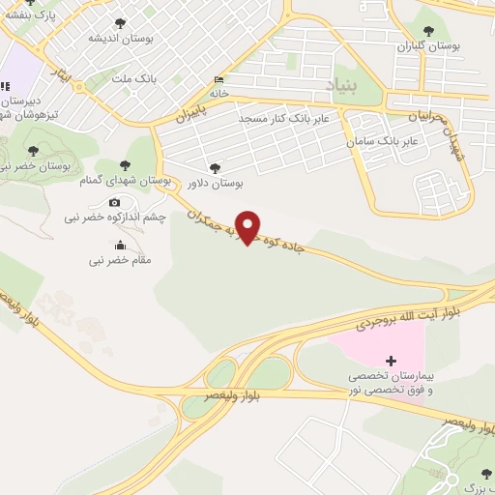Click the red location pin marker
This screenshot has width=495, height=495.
tap(248, 226)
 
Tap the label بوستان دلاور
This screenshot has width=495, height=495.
tap(214, 182)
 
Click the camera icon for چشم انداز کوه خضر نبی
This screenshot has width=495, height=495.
tap(115, 203)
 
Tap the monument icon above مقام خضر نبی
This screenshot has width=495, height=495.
tap(120, 246)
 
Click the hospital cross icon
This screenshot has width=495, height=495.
tap(391, 360)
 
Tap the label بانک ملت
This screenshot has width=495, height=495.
tap(134, 77)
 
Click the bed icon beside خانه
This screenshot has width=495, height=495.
tap(218, 79)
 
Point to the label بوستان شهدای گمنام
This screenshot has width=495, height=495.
tap(125, 180)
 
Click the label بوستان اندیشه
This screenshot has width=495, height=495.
tap(119, 38)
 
